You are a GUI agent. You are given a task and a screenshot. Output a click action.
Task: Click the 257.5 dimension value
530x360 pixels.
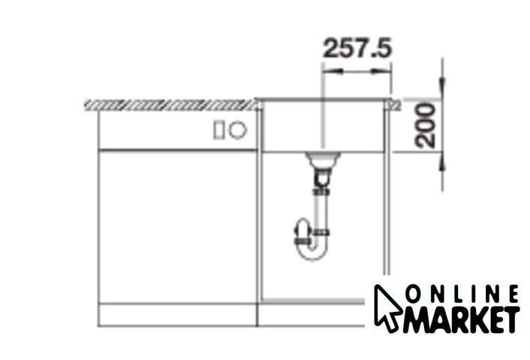[357, 47]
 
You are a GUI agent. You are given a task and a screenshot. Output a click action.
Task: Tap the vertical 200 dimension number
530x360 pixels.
[425, 126]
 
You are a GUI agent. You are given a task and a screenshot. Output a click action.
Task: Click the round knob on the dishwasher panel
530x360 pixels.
[238, 130]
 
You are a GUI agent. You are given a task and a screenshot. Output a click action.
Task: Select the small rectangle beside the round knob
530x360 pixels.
[218, 130]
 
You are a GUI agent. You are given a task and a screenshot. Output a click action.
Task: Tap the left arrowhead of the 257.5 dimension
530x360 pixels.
[333, 71]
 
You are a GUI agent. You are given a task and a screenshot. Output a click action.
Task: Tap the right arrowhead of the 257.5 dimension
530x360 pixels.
[381, 71]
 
